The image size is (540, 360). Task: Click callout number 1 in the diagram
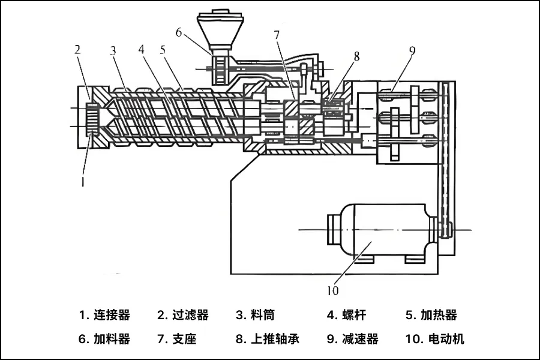(83, 178)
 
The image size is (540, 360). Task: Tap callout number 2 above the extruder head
(77, 49)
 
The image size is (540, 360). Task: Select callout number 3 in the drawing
(113, 50)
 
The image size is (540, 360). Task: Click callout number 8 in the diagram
(356, 56)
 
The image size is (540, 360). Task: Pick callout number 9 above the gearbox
(412, 50)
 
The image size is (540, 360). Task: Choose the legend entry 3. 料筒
(255, 314)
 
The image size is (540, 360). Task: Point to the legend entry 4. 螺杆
(346, 314)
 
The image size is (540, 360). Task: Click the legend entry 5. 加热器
(431, 314)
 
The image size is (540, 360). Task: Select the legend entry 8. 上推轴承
(268, 339)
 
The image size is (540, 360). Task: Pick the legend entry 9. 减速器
(352, 339)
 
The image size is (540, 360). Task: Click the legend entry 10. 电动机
(434, 339)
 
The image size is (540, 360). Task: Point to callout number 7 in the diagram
(277, 35)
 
